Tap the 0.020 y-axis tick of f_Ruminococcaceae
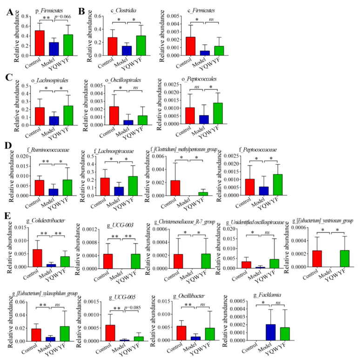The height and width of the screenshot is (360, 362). (23, 157)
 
